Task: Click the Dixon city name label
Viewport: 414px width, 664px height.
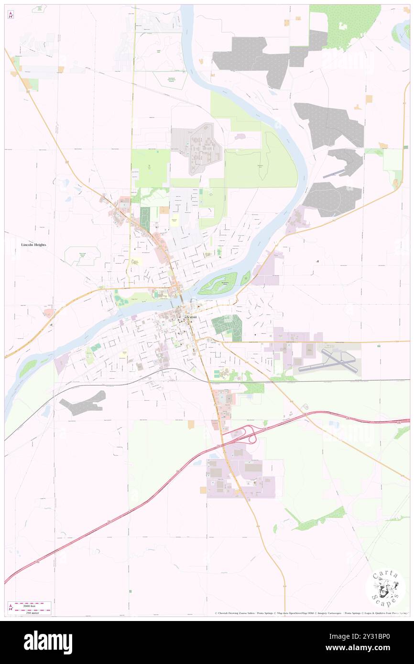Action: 190,317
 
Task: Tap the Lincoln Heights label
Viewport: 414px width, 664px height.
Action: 33,245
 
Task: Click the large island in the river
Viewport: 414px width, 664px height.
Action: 218,284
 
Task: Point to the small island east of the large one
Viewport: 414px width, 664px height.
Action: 245,277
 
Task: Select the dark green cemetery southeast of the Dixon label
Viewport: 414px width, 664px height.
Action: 227,326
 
